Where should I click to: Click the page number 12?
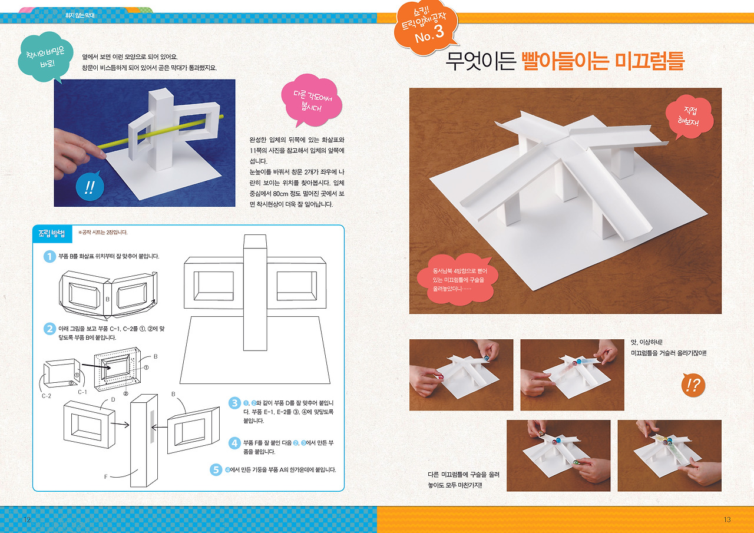27,519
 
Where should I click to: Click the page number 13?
727,519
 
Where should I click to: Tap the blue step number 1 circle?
49,256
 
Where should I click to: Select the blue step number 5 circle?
216,470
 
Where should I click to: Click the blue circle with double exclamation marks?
90,187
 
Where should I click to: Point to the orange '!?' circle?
693,385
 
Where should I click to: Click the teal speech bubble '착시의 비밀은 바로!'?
46,57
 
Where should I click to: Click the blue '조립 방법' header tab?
52,234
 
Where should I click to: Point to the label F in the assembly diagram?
105,476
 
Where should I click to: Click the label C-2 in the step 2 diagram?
47,396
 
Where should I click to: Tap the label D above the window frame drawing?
113,399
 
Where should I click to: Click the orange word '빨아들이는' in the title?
565,61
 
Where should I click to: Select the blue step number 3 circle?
234,403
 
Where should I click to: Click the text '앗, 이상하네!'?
647,342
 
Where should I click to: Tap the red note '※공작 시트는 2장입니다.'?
102,233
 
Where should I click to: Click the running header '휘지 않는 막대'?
80,15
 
